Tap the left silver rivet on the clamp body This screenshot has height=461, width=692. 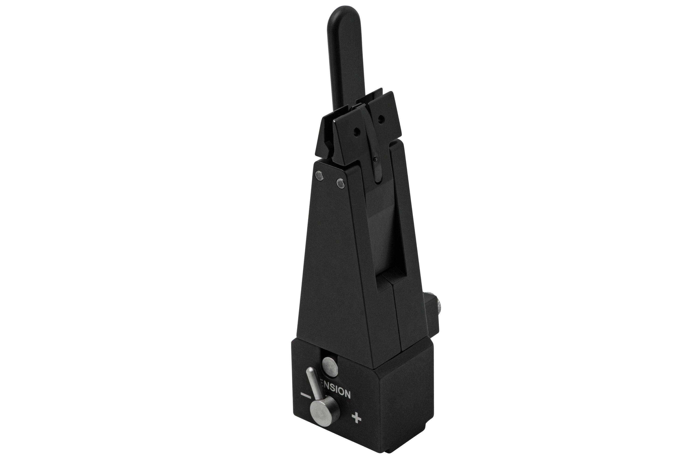point(319,176)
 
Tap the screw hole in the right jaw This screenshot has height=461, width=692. point(381,119)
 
